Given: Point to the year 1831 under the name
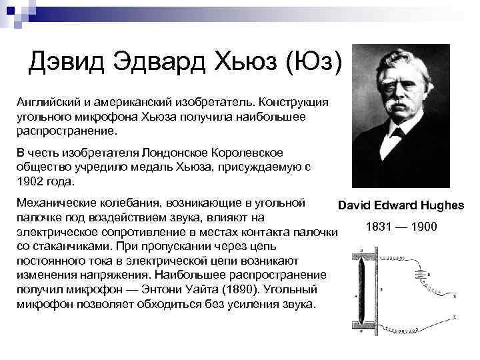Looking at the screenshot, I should coord(379,227).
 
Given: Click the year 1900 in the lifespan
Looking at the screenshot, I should coord(424,227).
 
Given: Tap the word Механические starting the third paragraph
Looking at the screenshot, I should coord(55,201).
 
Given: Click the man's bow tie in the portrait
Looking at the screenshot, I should coord(398,131).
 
